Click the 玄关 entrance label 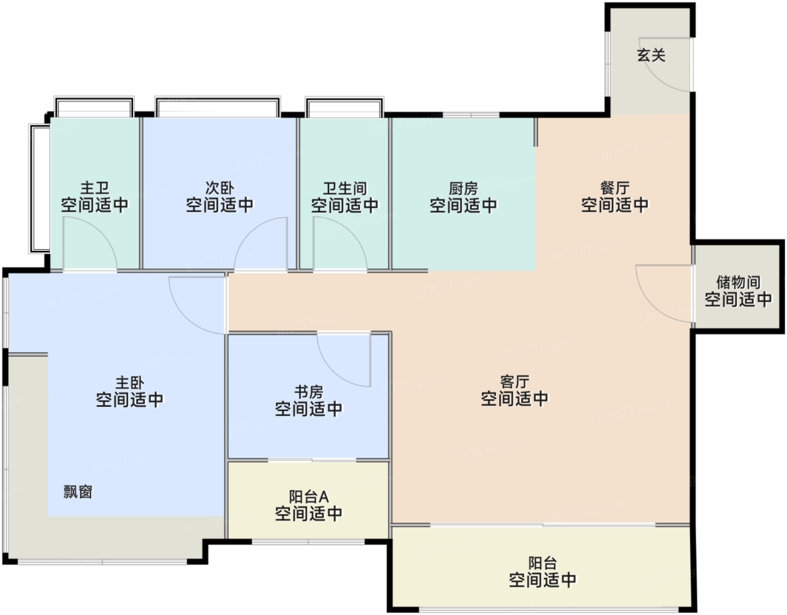[x=651, y=56]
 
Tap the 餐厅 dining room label [x=614, y=188]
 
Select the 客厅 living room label [x=514, y=381]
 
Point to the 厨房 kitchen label [x=463, y=188]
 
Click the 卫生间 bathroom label [x=345, y=188]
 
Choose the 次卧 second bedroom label [x=219, y=188]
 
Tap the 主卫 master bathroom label [x=94, y=188]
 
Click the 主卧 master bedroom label [x=130, y=383]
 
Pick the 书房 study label [x=309, y=392]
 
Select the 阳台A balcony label [x=309, y=496]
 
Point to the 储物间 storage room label [x=738, y=282]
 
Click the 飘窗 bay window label [x=78, y=492]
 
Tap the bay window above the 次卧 [x=218, y=106]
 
